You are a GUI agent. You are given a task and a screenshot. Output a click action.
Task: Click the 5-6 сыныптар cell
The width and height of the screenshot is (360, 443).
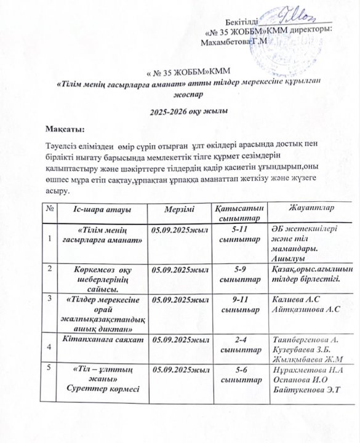[236, 375]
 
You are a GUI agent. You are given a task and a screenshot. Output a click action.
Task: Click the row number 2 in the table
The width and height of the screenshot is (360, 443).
[49, 268]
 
